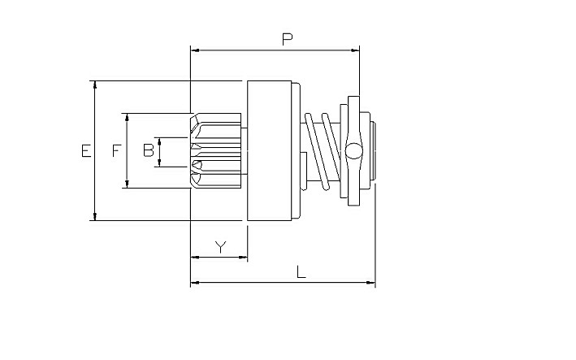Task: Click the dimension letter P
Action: click(x=288, y=39)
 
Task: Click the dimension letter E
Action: click(x=86, y=151)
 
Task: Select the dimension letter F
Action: click(x=117, y=150)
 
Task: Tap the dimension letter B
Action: click(x=149, y=150)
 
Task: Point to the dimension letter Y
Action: click(x=220, y=247)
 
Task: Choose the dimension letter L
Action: click(x=301, y=272)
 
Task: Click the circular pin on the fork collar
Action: click(x=353, y=151)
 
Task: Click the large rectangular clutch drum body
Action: click(x=270, y=150)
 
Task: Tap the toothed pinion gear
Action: click(x=216, y=150)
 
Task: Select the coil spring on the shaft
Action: click(x=323, y=151)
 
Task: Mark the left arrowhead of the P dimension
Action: click(x=195, y=50)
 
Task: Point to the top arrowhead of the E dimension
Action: click(x=95, y=85)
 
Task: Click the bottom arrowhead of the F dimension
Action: click(x=127, y=184)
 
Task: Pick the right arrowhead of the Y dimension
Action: click(x=243, y=257)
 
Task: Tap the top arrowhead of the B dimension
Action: click(x=159, y=141)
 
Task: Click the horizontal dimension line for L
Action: click(x=283, y=283)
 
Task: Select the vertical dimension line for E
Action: click(x=95, y=150)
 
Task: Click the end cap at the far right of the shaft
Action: click(x=372, y=150)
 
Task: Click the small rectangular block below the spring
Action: click(x=303, y=171)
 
